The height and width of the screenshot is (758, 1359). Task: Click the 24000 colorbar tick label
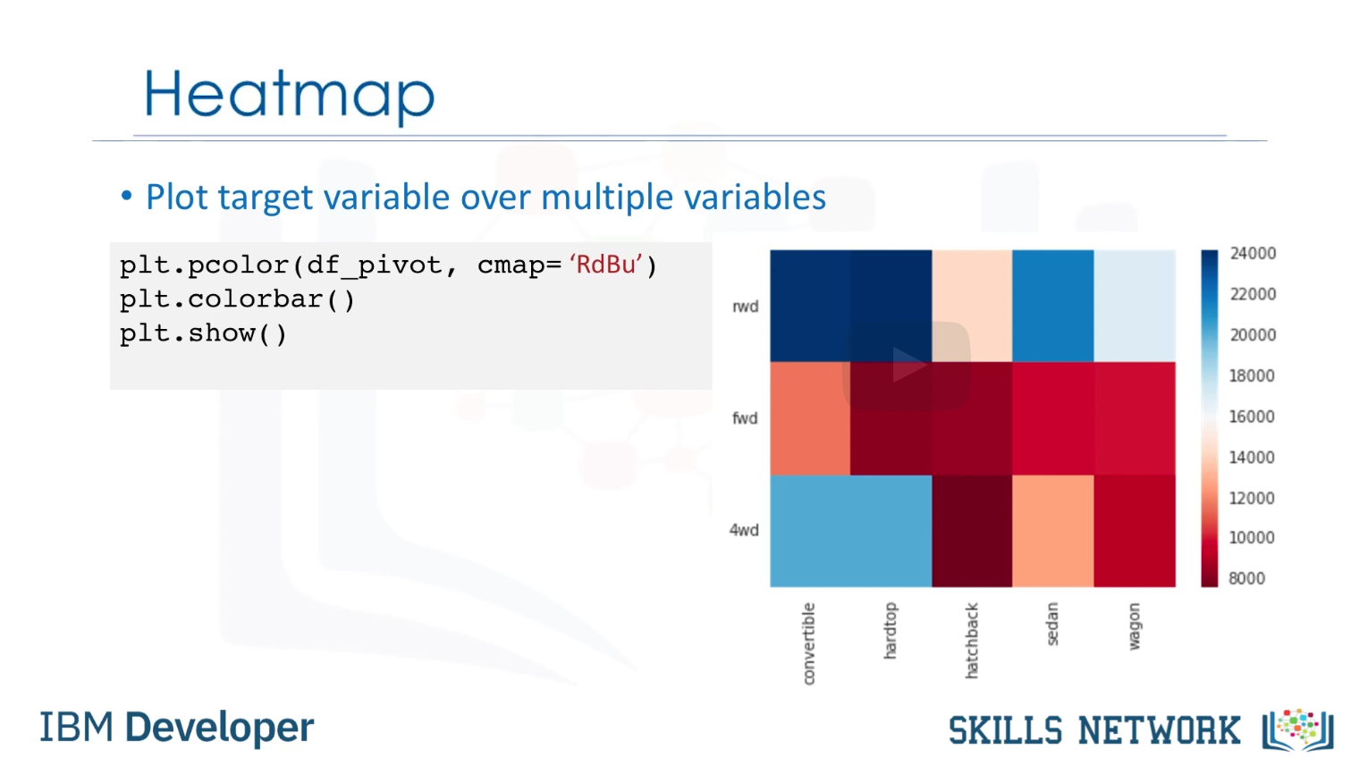(x=1253, y=254)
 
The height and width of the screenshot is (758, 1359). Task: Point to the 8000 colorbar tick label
(x=1246, y=578)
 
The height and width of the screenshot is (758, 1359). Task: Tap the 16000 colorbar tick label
(x=1252, y=417)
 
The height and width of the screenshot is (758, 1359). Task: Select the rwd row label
(x=746, y=307)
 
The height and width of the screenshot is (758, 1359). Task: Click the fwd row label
(x=745, y=418)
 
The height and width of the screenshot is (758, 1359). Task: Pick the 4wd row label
(x=744, y=530)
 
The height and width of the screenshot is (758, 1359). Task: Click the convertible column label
(x=809, y=644)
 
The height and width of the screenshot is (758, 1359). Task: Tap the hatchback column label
(x=971, y=640)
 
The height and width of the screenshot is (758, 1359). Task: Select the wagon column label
(x=1134, y=627)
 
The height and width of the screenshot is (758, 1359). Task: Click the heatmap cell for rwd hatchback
(x=972, y=306)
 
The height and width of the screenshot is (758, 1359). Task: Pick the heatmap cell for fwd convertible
(x=810, y=418)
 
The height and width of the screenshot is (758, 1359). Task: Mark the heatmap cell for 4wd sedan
(x=1053, y=531)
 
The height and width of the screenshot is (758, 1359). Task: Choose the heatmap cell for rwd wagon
(x=1135, y=306)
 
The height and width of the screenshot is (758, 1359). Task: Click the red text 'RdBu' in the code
(x=605, y=265)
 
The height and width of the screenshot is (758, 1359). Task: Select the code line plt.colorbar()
(x=237, y=299)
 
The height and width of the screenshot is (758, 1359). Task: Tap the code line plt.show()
(x=203, y=333)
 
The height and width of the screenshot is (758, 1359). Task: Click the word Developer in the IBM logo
(x=220, y=727)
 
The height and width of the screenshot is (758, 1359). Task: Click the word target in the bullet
(x=266, y=198)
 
